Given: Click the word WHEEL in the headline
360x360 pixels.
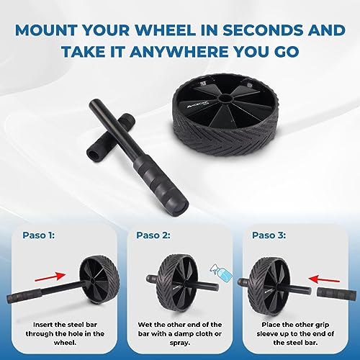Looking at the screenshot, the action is (x=164, y=30).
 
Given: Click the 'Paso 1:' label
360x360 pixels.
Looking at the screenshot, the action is (x=39, y=235).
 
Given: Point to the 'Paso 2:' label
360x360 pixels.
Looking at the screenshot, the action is (x=153, y=235).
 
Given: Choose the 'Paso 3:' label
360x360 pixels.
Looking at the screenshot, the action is (x=269, y=235).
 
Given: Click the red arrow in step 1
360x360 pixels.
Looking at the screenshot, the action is (x=50, y=276).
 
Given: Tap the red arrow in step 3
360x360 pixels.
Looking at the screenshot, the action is (x=324, y=279).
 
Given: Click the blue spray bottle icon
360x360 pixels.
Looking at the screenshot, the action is (x=221, y=272).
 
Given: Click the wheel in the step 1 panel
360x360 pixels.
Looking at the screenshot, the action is (x=99, y=279).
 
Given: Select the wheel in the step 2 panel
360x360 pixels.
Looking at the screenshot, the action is (x=176, y=283).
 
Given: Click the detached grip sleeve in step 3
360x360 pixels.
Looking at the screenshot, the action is (x=336, y=294).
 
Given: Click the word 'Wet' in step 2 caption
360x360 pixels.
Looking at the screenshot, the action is (x=145, y=325).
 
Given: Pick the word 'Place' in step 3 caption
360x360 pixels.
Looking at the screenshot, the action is (x=271, y=325).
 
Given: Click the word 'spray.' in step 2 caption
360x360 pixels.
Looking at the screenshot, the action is (x=180, y=343).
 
